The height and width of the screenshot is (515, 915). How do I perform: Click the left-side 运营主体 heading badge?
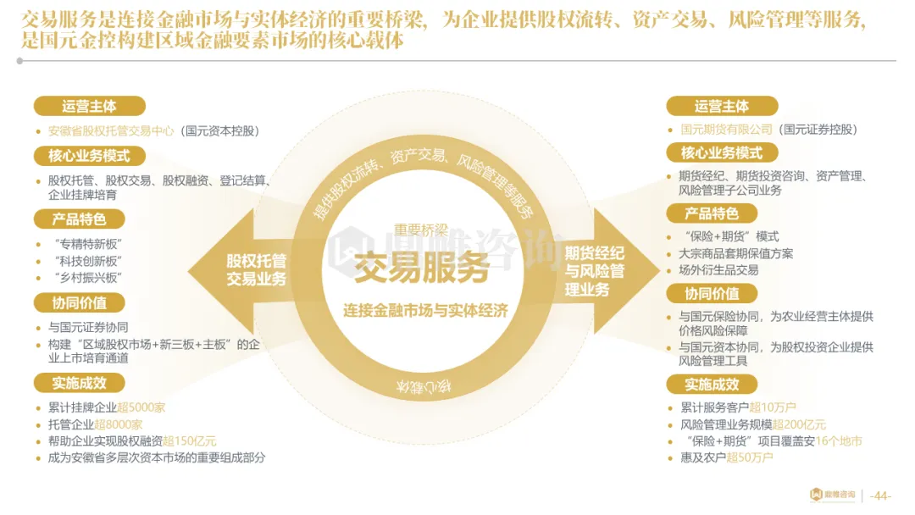click(89, 107)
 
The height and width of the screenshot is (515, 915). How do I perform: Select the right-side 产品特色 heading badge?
click(711, 213)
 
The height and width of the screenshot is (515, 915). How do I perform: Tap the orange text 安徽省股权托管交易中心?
click(111, 131)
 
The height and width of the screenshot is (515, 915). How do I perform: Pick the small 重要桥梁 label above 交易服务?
click(424, 230)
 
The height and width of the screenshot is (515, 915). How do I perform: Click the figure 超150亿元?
click(189, 441)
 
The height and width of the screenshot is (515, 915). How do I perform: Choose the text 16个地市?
click(840, 441)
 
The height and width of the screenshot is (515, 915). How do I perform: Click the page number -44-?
click(880, 496)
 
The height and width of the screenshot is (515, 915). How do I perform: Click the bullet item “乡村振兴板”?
click(86, 278)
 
